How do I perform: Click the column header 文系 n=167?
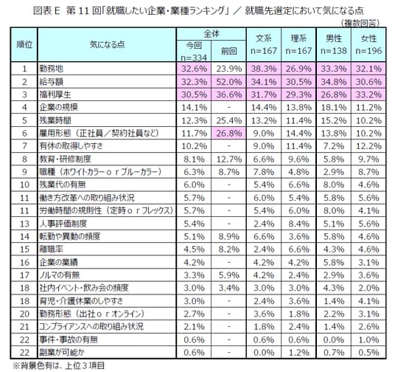coord(264,44)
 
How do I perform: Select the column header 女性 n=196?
coord(368,44)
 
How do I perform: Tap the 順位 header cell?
coord(24,44)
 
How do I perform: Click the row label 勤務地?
coord(51,69)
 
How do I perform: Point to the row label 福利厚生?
coord(55,94)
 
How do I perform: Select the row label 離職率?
coord(51,249)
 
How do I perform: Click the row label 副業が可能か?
coord(62,352)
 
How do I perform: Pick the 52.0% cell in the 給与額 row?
coord(228,81)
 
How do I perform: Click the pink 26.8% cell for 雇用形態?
coord(228,133)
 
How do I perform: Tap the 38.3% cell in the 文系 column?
coord(264,69)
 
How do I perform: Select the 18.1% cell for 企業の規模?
coord(334,107)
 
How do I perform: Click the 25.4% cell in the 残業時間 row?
coord(228,120)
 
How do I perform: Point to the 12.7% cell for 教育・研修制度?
coord(228,159)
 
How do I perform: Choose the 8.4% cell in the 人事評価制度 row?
coord(298,224)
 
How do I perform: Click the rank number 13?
coord(24,224)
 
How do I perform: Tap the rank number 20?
coord(24,314)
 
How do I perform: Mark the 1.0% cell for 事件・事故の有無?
coord(368,340)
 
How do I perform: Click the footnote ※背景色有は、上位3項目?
coord(59,365)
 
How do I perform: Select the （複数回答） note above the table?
coord(360,23)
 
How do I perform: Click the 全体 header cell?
coord(212,34)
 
